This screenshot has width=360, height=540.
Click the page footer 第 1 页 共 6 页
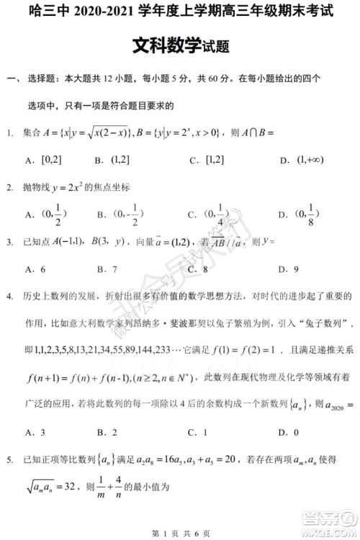point(179,531)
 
